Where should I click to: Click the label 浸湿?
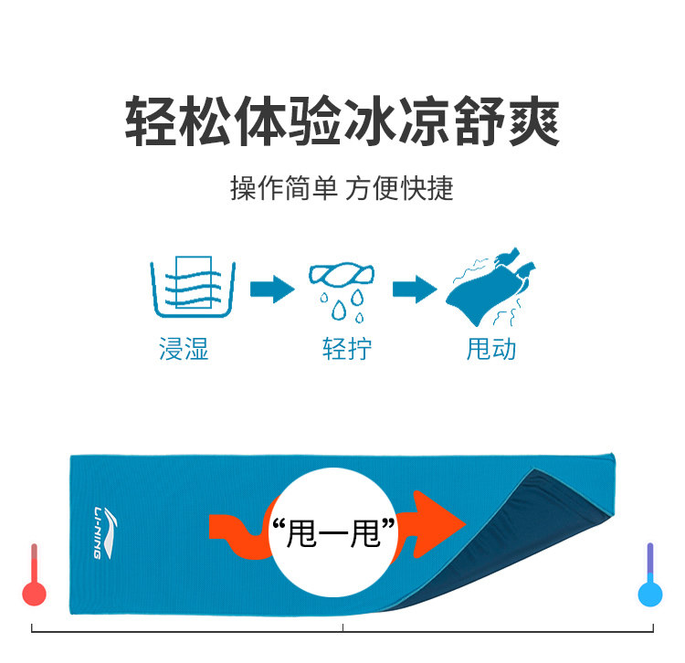click(x=184, y=350)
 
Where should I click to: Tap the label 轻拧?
click(x=347, y=350)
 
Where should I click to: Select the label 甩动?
click(x=491, y=350)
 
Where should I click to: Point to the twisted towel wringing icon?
click(x=342, y=274)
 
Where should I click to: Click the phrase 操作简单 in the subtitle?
click(x=284, y=189)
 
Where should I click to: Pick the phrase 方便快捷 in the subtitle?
click(x=399, y=189)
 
